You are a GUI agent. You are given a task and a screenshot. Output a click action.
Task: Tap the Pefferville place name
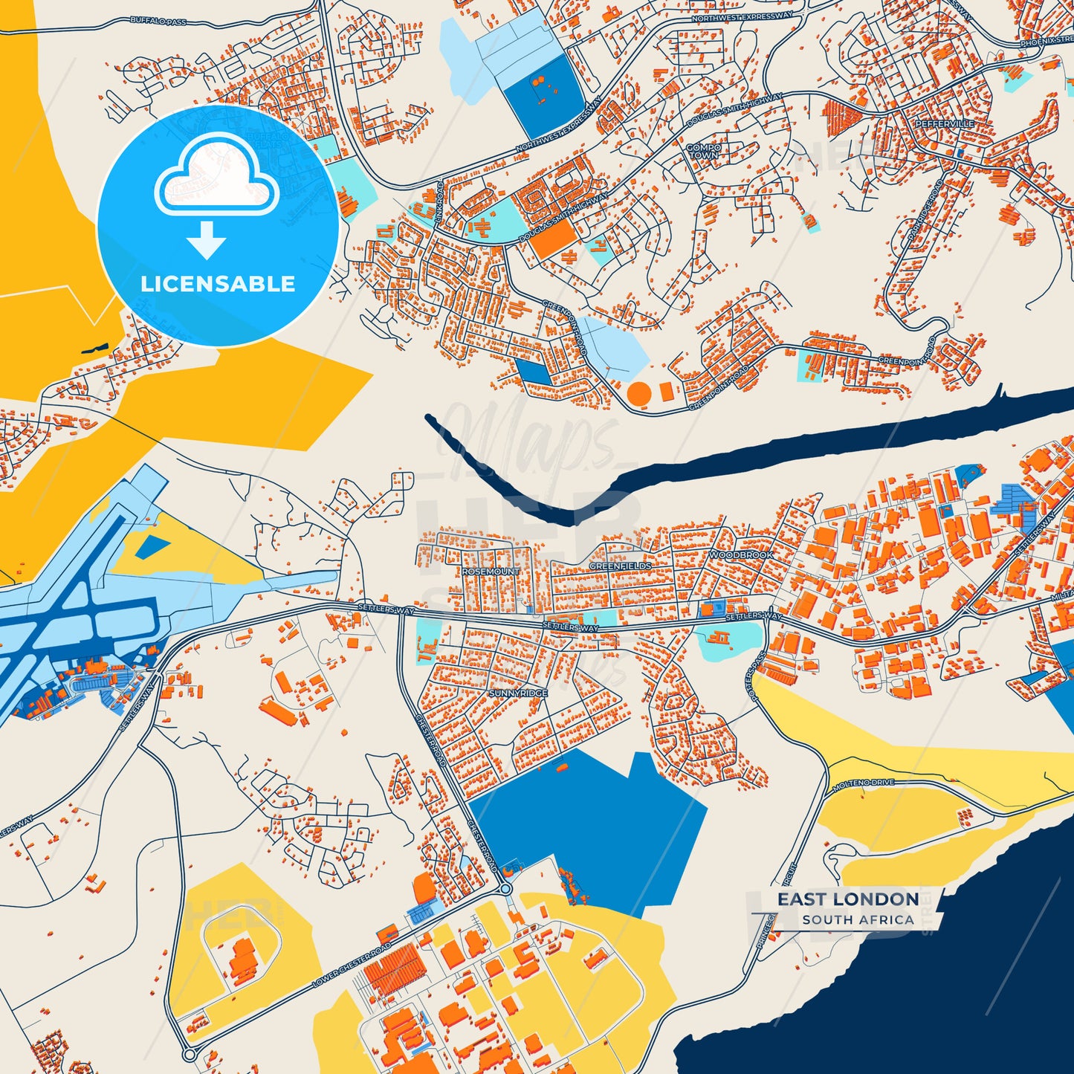pos(944,123)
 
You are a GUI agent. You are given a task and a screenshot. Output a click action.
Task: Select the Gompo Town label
pos(703,152)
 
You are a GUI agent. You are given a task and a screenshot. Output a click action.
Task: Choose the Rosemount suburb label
pos(491,572)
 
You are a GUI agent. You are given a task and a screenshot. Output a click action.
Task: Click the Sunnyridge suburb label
pos(518,693)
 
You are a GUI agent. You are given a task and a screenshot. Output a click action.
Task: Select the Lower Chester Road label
pos(352,965)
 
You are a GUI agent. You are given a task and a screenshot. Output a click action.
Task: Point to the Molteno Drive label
pos(863,785)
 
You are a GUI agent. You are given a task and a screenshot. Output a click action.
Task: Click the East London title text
pos(848,899)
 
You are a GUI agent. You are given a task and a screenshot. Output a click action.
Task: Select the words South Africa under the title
pos(858,919)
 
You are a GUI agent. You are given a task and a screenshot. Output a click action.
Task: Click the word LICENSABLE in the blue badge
pos(218,284)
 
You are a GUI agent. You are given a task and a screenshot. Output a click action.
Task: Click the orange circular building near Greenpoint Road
pos(639,392)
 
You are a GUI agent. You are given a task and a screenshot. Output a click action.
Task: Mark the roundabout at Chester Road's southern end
pos(505,888)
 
